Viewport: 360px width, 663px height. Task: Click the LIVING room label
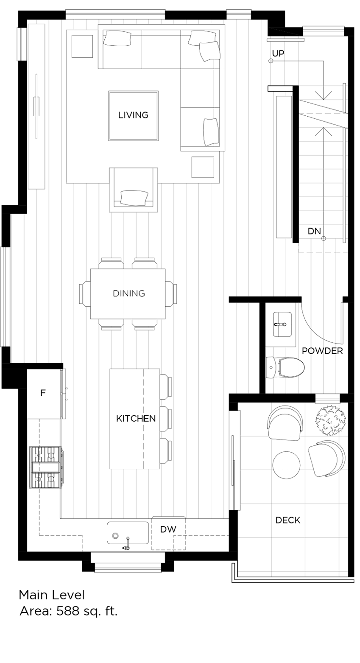(133, 115)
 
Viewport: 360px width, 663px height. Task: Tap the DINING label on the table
(129, 293)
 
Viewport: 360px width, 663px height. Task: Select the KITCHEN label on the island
(136, 418)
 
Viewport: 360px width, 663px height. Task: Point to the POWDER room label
(322, 351)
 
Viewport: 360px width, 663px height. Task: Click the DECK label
(288, 520)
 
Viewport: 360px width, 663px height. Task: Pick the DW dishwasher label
(168, 529)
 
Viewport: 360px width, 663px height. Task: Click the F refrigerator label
(43, 393)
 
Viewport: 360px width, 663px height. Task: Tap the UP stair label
(278, 53)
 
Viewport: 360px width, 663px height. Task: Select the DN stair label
(314, 231)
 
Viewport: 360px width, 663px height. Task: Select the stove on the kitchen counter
(46, 467)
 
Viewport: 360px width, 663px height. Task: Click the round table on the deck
(287, 465)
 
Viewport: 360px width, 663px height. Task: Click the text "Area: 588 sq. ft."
(68, 611)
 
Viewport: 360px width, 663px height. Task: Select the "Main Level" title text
(52, 595)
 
